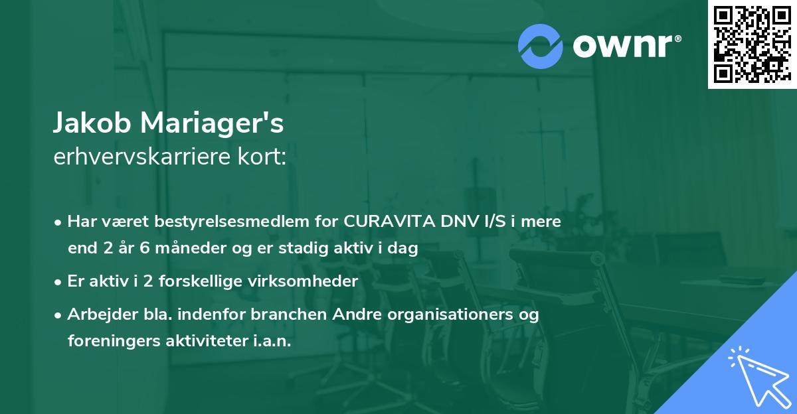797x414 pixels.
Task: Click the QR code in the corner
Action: pos(752,44)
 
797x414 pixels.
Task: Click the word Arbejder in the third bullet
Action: pos(96,314)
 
